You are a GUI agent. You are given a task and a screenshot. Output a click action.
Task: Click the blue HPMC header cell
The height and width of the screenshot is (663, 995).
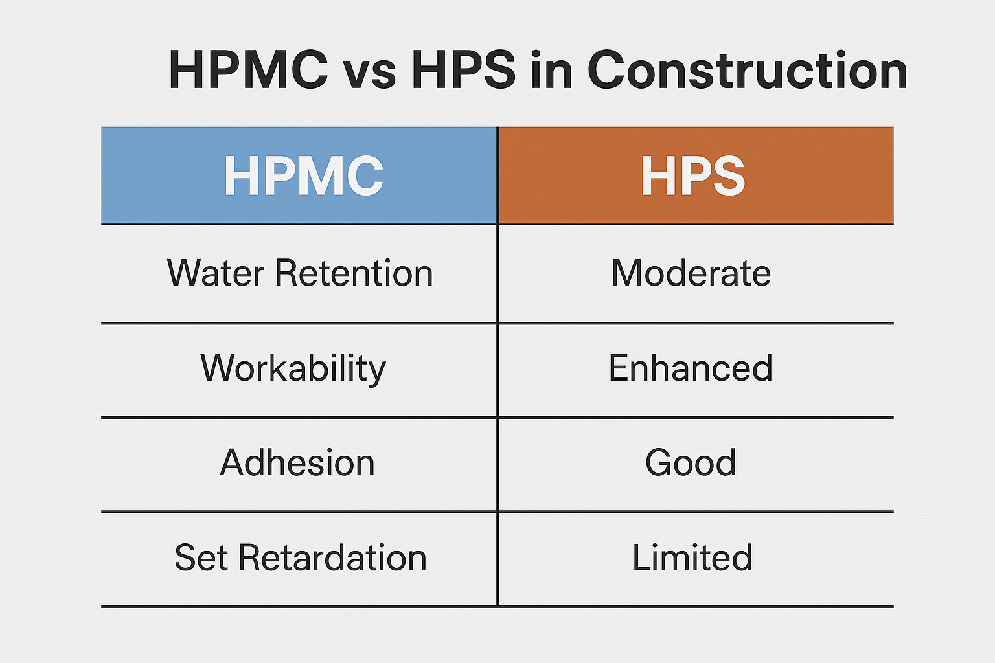[299, 175]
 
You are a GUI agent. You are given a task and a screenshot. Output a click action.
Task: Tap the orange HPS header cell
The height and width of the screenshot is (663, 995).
[695, 175]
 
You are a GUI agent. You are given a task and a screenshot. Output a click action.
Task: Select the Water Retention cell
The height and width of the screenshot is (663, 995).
[299, 273]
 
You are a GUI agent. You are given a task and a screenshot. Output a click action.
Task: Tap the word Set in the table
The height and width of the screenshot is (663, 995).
[201, 557]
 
